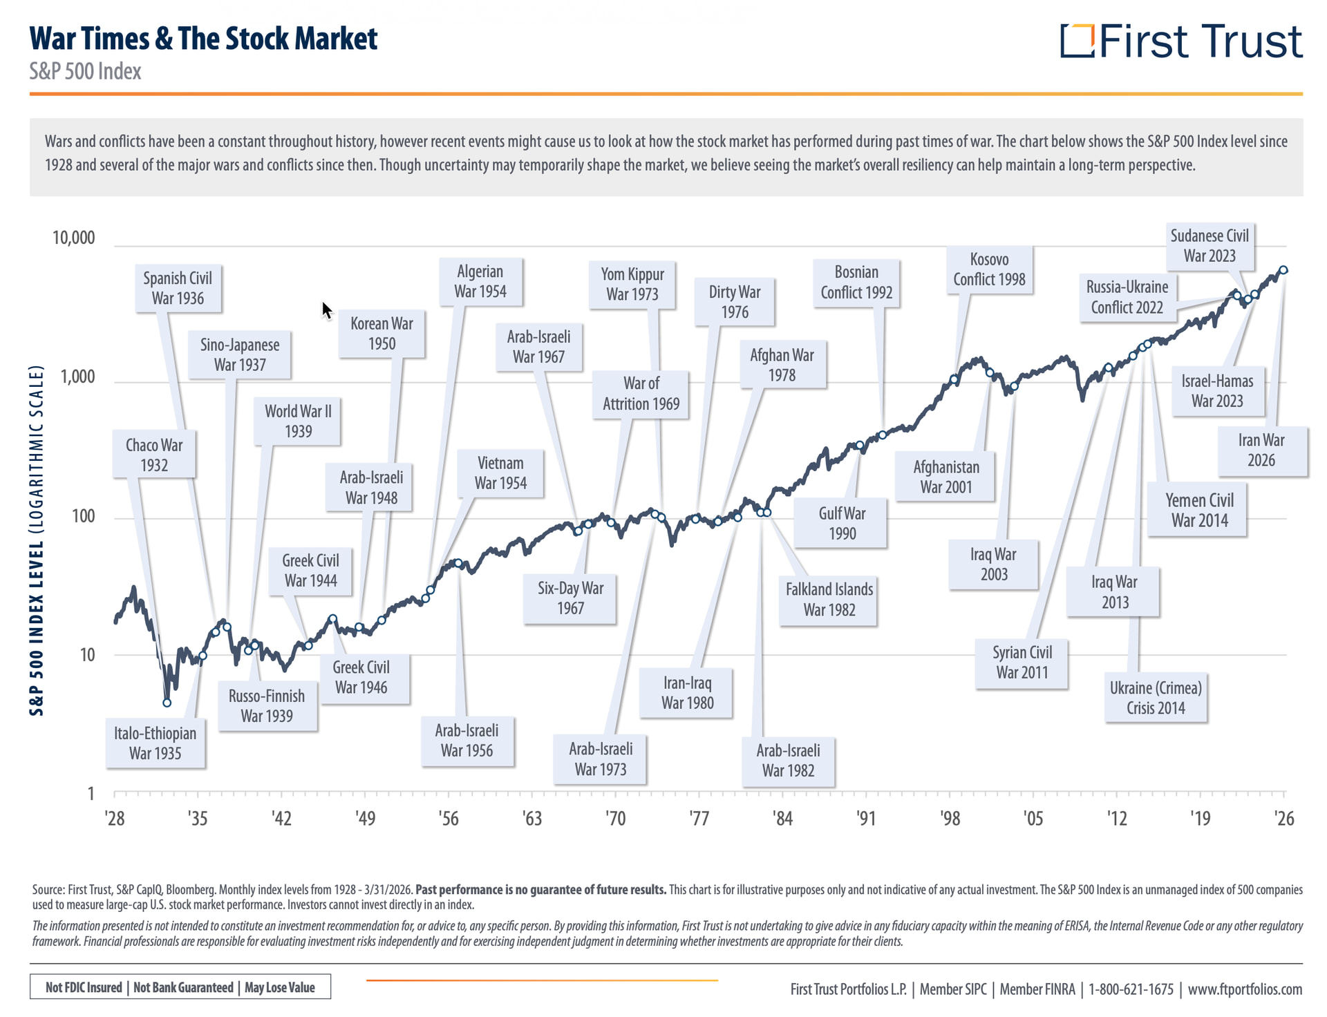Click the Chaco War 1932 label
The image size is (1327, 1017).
(154, 455)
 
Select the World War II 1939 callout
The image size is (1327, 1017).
(298, 421)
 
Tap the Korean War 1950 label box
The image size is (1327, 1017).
(382, 333)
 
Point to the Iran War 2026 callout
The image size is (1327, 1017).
(1261, 450)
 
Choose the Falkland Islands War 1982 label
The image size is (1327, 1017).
(829, 599)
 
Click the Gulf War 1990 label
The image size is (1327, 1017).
(841, 523)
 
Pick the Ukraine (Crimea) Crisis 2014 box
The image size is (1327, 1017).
(1156, 697)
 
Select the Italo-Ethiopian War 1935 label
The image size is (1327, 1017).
(156, 743)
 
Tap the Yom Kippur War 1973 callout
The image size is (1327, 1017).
(632, 284)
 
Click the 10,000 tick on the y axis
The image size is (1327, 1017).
(74, 238)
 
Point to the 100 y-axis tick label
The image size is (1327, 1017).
(84, 516)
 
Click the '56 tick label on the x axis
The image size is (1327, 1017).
(448, 819)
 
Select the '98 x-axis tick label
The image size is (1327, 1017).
(950, 819)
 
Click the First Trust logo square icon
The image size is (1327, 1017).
(1077, 41)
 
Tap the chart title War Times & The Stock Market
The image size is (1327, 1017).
(203, 39)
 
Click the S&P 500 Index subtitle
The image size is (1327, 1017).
(85, 71)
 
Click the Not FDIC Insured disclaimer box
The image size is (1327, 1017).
(180, 987)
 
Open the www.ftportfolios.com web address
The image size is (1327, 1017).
(1245, 989)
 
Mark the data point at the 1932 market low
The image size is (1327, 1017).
(167, 703)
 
